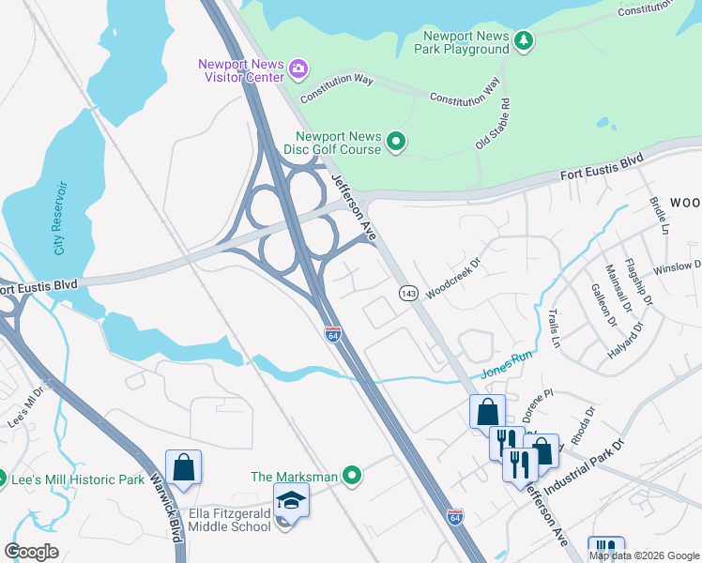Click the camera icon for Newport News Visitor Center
pos(298,68)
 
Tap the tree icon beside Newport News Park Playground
pos(524,39)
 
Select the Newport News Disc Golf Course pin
pos(396,143)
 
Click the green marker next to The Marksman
pos(352,477)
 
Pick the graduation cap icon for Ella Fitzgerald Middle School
pos(291,502)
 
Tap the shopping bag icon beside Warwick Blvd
pos(183,467)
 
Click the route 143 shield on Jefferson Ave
pos(408,294)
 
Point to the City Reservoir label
pos(60,218)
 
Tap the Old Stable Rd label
pos(492,124)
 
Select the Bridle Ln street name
pos(661,216)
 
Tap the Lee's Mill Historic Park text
pos(78,479)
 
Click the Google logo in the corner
pos(32,552)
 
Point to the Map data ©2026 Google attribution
pos(645,555)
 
